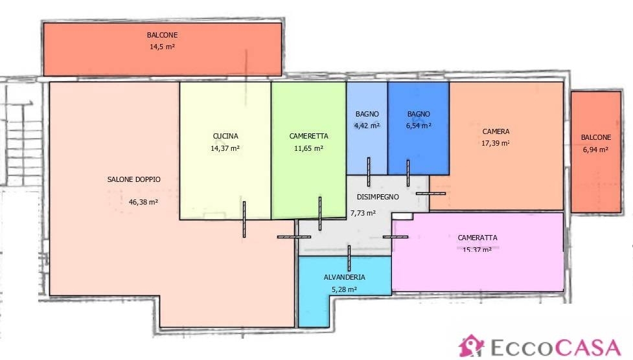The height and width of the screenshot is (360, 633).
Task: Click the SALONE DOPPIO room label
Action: tap(133, 179)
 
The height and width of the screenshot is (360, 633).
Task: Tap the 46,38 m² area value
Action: tap(143, 202)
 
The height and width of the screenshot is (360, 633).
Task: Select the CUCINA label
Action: tap(225, 137)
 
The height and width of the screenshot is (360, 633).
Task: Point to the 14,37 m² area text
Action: tap(225, 148)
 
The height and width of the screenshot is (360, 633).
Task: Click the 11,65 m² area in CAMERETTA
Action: tap(308, 148)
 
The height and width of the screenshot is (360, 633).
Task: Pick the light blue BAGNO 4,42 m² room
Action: tap(367, 128)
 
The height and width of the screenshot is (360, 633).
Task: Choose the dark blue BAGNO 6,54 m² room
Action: tap(419, 128)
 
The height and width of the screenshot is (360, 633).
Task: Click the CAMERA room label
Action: tap(496, 131)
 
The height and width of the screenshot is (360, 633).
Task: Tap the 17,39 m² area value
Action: tap(496, 143)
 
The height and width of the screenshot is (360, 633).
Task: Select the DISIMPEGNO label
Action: tap(378, 197)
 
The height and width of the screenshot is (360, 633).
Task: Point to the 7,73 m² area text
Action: tap(363, 212)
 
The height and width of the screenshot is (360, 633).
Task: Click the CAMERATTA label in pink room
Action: tap(478, 238)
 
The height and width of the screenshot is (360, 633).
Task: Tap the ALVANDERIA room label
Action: tap(344, 277)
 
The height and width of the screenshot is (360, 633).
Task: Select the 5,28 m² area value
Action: tap(344, 289)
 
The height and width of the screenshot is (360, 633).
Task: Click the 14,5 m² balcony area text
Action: tap(162, 47)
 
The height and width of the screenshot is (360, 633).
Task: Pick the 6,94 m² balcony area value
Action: tap(595, 150)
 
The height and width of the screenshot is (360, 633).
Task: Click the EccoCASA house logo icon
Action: tap(471, 346)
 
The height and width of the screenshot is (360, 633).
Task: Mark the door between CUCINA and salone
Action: tap(244, 219)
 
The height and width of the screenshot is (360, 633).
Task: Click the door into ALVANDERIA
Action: tap(349, 258)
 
